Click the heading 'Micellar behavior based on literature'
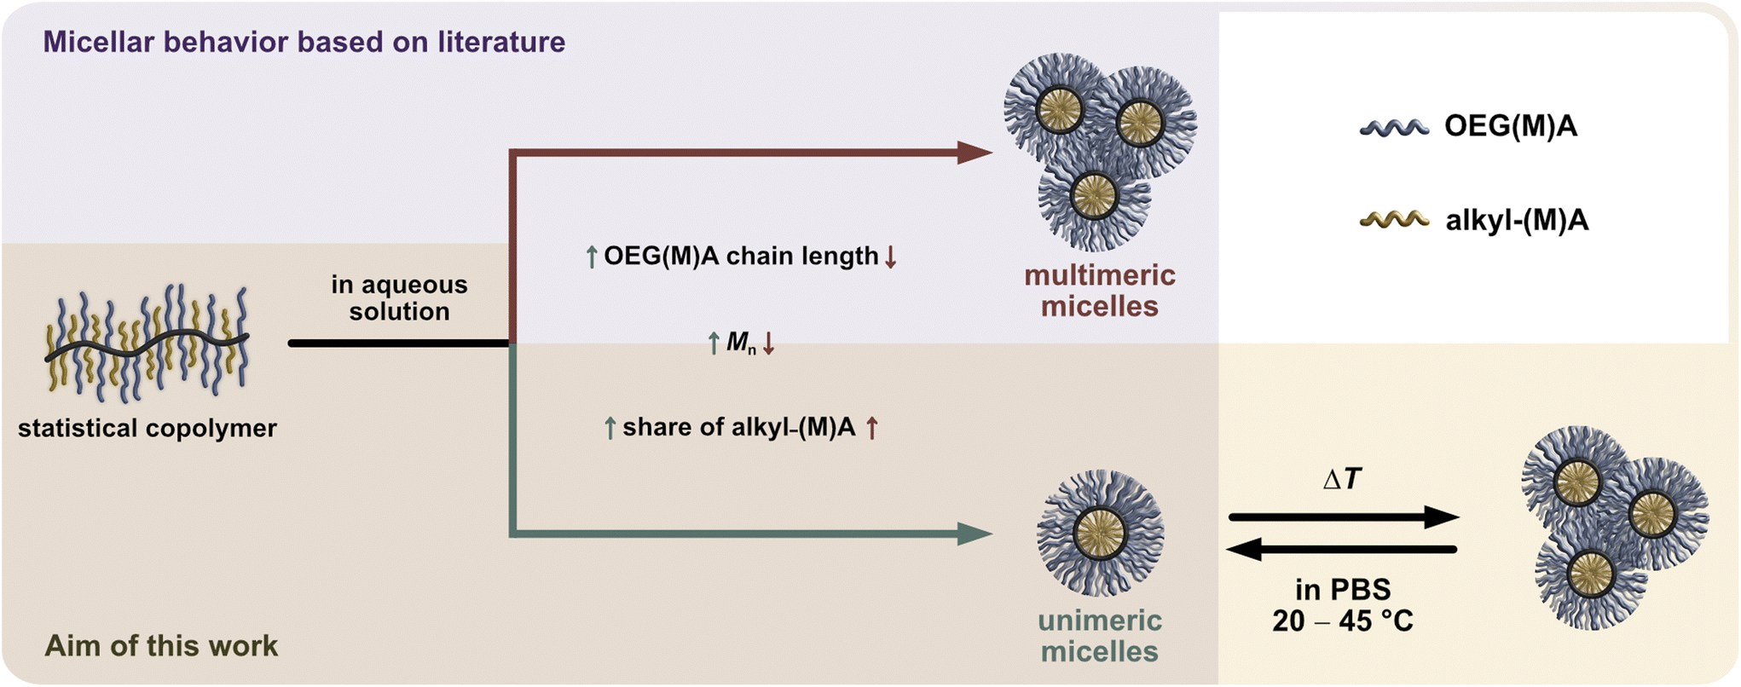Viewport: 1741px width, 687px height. click(x=304, y=42)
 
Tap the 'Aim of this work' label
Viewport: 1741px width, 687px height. click(x=161, y=645)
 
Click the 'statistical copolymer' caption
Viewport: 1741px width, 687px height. click(x=147, y=428)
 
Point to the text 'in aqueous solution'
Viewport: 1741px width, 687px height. click(x=399, y=297)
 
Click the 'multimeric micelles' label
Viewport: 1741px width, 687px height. click(x=1099, y=291)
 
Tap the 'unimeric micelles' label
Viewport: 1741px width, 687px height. click(x=1099, y=635)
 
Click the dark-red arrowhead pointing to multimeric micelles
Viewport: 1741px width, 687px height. click(x=974, y=153)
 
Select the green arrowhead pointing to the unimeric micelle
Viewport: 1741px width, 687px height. click(x=974, y=534)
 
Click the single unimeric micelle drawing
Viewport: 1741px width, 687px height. click(x=1100, y=533)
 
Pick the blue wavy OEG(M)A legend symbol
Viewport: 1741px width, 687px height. click(x=1394, y=128)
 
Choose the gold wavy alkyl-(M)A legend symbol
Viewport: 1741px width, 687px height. click(x=1394, y=220)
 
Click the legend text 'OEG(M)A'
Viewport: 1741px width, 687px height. click(x=1510, y=126)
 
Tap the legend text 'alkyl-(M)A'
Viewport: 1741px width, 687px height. click(x=1517, y=221)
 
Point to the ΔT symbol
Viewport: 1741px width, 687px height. click(x=1341, y=480)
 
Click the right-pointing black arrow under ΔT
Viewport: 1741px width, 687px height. click(x=1343, y=517)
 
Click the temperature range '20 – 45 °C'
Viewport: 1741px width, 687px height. click(x=1342, y=621)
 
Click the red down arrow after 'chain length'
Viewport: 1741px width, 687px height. click(x=890, y=257)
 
